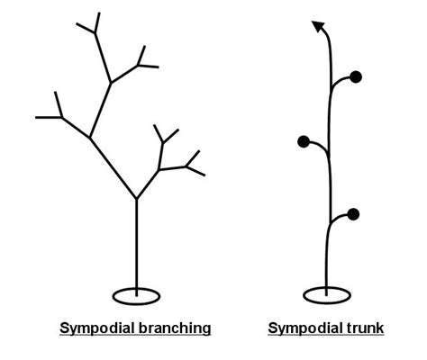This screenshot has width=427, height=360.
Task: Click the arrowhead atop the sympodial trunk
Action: click(318, 26)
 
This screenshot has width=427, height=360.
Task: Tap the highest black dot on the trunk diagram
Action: click(356, 77)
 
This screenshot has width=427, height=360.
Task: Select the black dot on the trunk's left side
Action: click(304, 141)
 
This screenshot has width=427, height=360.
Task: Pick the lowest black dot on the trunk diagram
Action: click(353, 214)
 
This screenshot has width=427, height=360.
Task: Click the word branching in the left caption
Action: click(175, 328)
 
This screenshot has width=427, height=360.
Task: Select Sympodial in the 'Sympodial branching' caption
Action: click(97, 328)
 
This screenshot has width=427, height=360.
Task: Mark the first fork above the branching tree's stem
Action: click(136, 199)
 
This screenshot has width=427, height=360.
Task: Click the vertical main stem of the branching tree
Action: click(136, 247)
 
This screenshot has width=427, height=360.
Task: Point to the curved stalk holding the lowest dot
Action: click(338, 217)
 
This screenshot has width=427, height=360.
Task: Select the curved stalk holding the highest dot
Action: click(340, 80)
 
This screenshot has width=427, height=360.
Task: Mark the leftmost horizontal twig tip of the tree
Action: click(36, 117)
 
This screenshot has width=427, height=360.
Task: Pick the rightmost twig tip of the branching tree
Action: click(204, 175)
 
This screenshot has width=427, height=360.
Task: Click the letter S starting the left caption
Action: click(64, 328)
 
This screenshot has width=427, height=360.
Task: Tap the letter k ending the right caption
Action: click(380, 328)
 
